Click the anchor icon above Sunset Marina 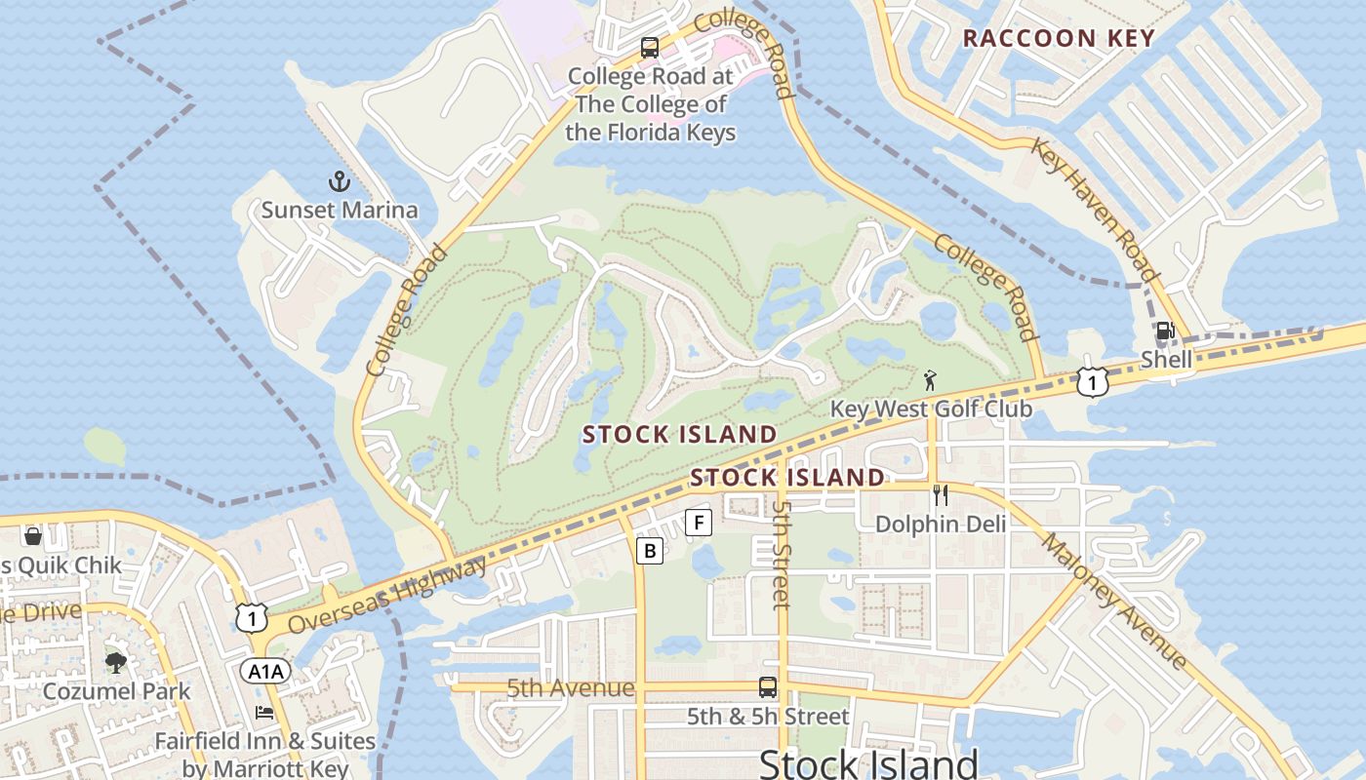pos(339,181)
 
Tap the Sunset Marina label pos(339,210)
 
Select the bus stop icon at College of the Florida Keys pos(649,48)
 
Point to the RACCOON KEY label pos(1059,39)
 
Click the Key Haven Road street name pos(1096,211)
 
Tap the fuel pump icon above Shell pos(1164,331)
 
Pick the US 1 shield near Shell pos(1093,382)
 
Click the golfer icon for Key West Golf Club pos(930,379)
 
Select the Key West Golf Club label pos(931,408)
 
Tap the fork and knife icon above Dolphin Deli pos(941,495)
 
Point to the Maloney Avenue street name pos(1114,601)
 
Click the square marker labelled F pos(698,523)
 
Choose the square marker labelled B pos(649,551)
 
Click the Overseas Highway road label pos(387,596)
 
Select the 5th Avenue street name pos(571,688)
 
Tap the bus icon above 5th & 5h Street pos(768,687)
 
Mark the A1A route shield pos(265,671)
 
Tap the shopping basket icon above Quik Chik pos(32,536)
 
